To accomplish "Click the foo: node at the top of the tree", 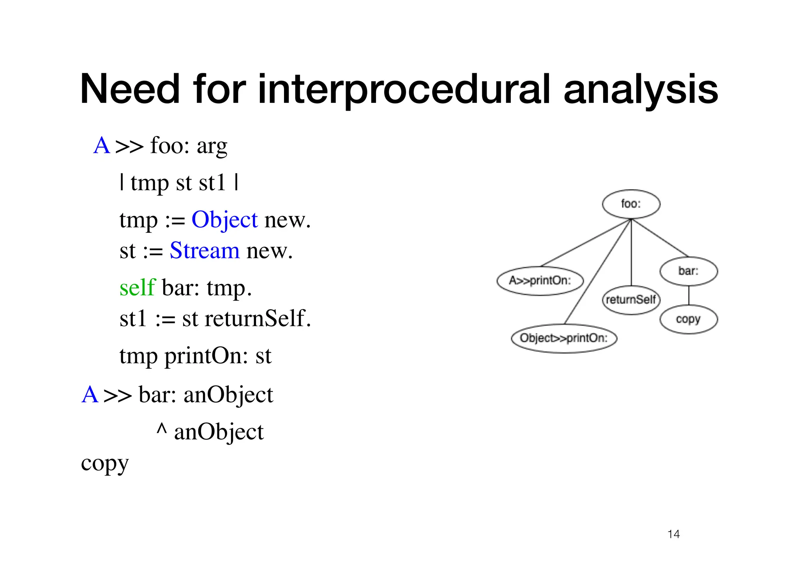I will (631, 204).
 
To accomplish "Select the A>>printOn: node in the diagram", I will (540, 281).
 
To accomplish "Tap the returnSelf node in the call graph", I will (631, 300).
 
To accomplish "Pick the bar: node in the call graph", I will (688, 271).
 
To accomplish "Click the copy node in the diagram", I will (688, 319).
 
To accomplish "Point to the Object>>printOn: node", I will (564, 338).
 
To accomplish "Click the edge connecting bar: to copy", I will (689, 295).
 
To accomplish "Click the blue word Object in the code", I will (224, 220).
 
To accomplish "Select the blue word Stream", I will (205, 250).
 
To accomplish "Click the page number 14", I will (673, 534).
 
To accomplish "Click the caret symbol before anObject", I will (161, 430).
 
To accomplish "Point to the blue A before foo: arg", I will (102, 146).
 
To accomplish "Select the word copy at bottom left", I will (104, 464).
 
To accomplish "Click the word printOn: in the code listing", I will (206, 356).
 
